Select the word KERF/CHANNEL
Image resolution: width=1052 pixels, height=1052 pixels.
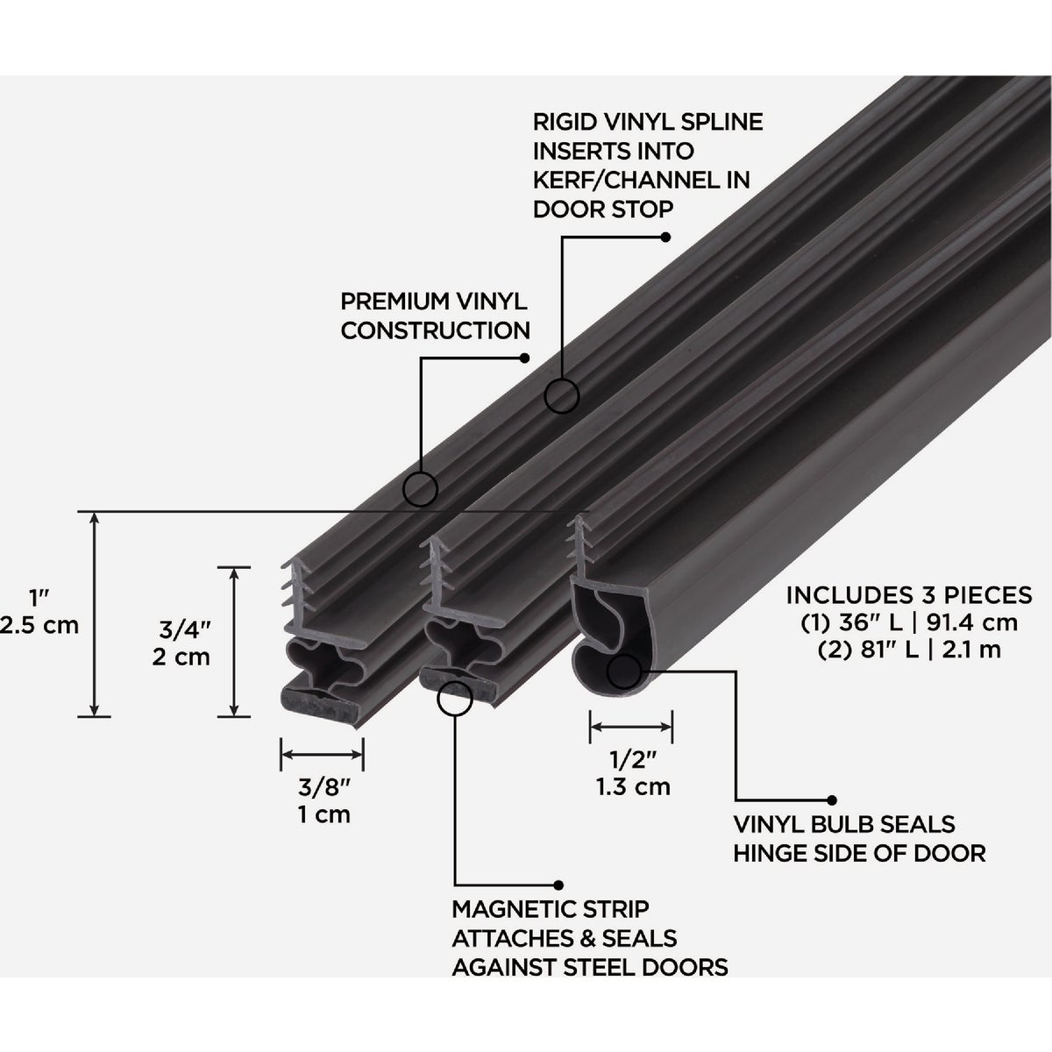[x=623, y=180]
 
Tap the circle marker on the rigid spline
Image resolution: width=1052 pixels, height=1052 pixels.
[x=562, y=396]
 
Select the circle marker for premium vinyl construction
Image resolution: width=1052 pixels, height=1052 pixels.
[x=421, y=489]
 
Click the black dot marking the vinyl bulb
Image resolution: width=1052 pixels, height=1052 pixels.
[x=622, y=672]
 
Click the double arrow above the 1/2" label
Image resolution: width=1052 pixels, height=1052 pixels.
[x=631, y=726]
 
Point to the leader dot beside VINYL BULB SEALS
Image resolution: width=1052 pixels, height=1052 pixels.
[x=830, y=800]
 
